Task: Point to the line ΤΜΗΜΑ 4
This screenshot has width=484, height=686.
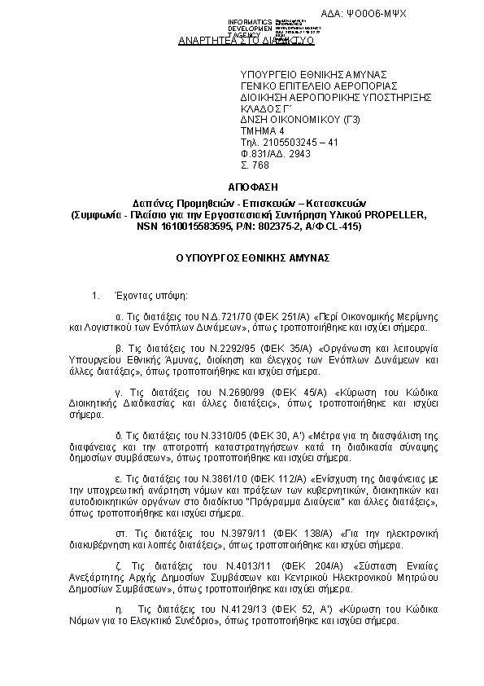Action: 263,130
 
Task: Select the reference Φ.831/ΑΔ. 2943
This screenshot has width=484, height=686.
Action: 276,153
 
